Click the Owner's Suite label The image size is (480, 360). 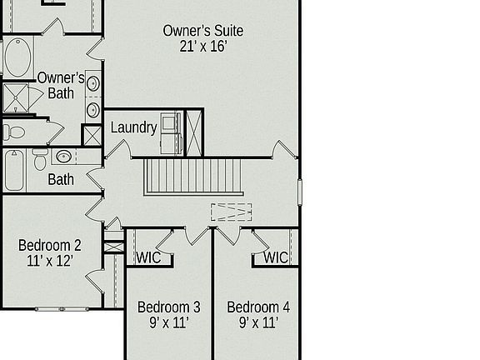[202, 31]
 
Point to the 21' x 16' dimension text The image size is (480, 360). [202, 47]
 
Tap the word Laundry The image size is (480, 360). [133, 127]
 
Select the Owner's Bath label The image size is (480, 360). [60, 85]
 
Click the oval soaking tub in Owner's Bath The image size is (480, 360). [18, 57]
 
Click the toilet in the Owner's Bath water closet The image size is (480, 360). [14, 132]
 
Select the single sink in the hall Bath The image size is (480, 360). [64, 156]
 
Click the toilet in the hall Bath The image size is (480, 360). [40, 159]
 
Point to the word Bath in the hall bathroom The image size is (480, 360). [60, 179]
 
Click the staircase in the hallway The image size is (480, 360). [192, 177]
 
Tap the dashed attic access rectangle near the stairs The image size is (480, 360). [231, 212]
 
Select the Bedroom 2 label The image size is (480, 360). [50, 245]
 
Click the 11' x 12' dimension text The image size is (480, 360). [50, 261]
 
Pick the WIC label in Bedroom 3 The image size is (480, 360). [149, 257]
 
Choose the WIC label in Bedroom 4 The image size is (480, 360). [276, 257]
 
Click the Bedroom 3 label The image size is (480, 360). [168, 307]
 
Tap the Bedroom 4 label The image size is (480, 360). [258, 307]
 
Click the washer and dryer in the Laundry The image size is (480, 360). [172, 132]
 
